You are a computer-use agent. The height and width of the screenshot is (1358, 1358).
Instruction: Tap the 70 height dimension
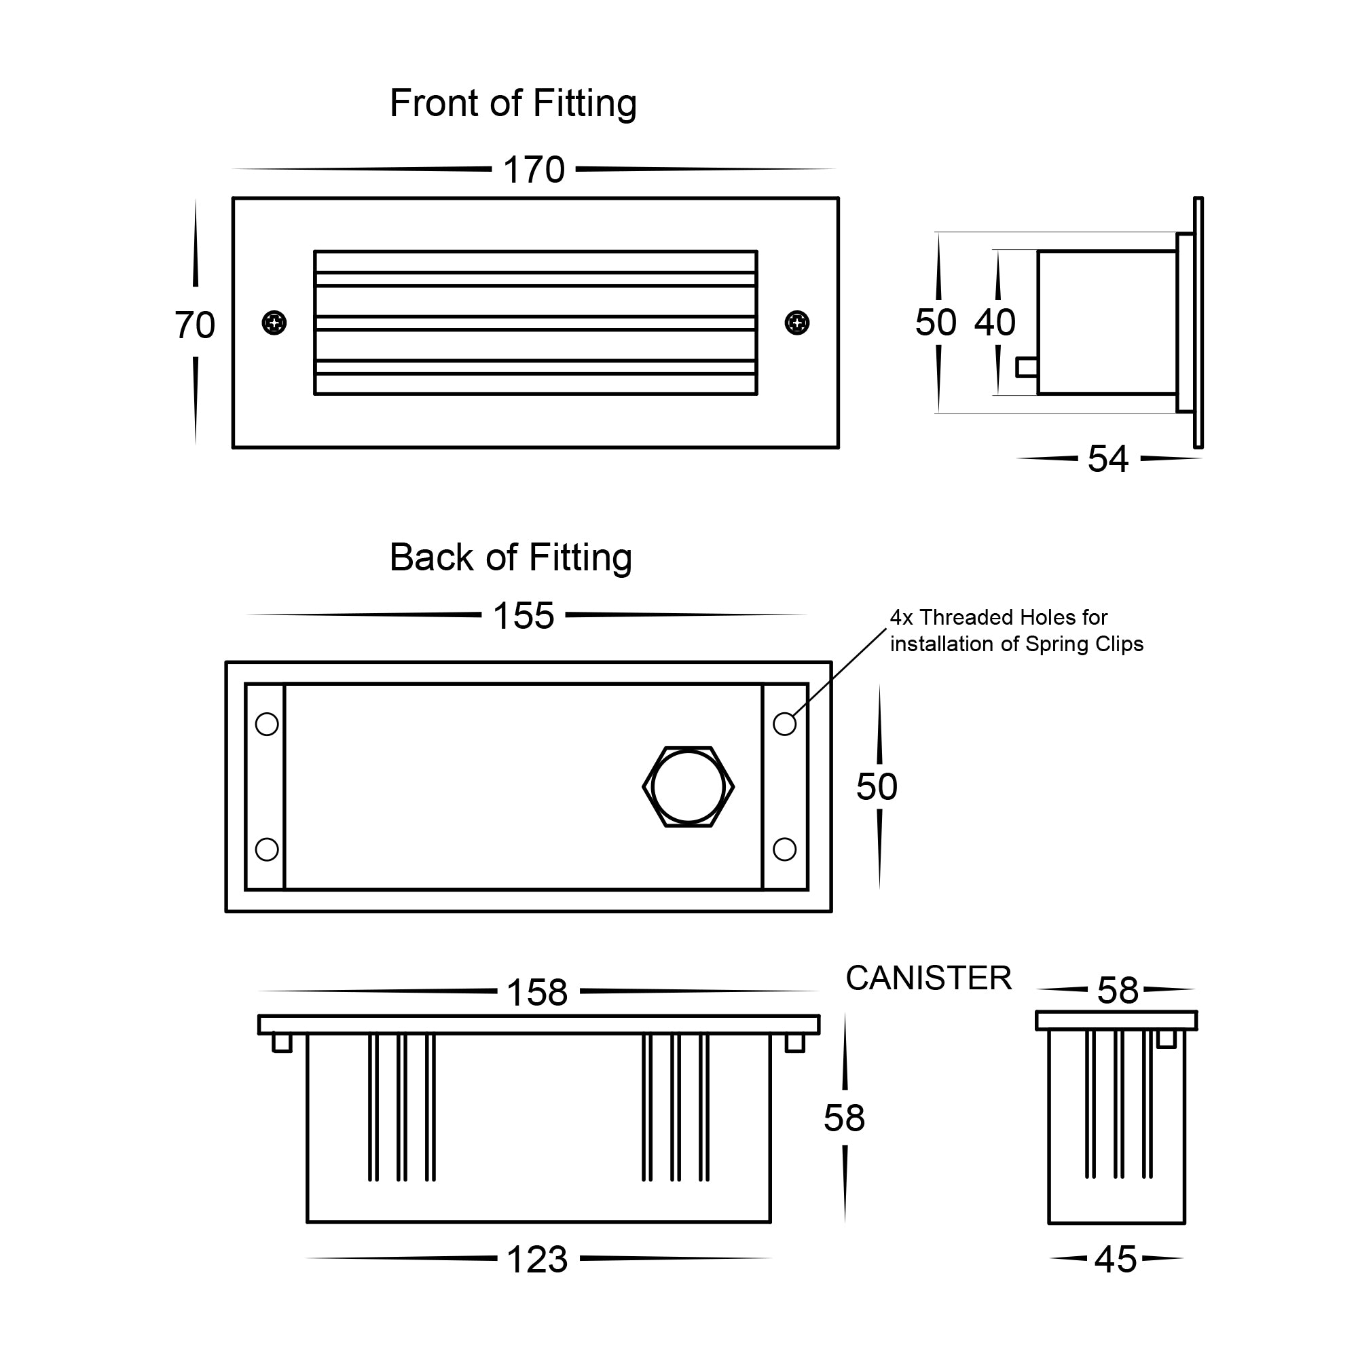coord(195,325)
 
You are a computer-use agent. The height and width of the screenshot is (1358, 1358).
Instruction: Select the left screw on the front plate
coord(274,323)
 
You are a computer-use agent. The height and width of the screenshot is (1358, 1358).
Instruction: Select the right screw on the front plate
coord(796,323)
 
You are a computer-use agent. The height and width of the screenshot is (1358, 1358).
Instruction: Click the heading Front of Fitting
coord(513,103)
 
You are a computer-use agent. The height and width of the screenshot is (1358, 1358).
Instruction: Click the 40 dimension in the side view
coord(995,323)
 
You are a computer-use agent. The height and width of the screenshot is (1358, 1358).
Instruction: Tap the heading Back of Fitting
coord(511,557)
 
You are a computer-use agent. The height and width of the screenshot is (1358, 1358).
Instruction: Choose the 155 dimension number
coord(524,616)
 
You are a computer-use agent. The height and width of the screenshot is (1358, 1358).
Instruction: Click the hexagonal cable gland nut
coord(688,787)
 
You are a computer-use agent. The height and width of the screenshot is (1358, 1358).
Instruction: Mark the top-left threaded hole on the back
coord(267,724)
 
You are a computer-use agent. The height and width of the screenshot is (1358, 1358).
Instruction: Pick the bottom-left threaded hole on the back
coord(267,849)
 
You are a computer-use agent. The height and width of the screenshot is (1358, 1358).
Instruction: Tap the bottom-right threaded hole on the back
coord(784,849)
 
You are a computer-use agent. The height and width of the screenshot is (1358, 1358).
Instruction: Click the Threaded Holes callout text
coord(1016,631)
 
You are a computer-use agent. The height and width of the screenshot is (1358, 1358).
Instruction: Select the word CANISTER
coord(928,978)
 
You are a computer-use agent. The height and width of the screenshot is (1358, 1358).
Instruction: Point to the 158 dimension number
coord(537,993)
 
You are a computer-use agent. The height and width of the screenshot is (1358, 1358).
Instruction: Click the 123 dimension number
coord(537,1260)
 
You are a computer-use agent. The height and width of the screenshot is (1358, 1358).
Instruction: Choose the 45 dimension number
coord(1116,1260)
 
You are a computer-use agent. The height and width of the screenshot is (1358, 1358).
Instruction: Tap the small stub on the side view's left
coord(1026,367)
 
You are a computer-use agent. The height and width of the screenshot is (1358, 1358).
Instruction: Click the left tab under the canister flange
coord(282,1043)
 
